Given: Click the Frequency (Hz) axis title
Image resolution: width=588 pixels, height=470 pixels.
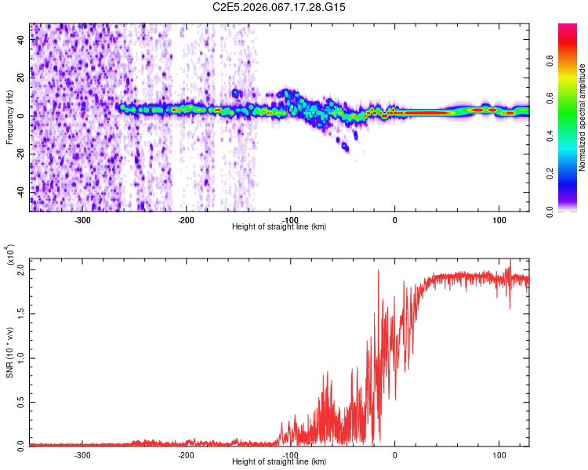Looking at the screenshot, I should (x=10, y=117).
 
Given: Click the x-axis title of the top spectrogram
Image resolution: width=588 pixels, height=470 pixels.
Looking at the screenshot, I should (x=279, y=226).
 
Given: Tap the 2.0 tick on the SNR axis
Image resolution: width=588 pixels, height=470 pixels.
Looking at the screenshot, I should (x=20, y=270).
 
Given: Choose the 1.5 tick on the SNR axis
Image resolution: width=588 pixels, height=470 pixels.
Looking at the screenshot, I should (x=20, y=314).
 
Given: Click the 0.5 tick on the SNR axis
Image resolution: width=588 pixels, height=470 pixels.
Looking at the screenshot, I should (x=20, y=401).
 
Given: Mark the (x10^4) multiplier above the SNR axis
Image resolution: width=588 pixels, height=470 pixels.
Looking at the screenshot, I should (x=9, y=255).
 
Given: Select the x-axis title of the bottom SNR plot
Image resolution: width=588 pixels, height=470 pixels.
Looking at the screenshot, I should (x=279, y=462).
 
